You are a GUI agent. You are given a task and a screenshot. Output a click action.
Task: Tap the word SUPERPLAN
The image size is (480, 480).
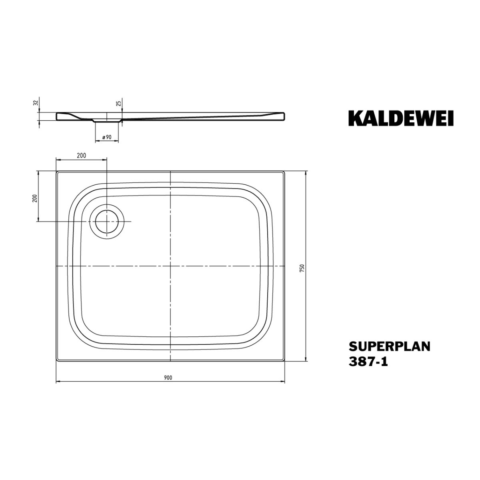tap(389, 346)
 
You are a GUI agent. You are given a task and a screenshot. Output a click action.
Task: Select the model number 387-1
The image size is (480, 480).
tap(368, 362)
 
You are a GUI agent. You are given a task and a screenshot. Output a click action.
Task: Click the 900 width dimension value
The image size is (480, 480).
tap(168, 378)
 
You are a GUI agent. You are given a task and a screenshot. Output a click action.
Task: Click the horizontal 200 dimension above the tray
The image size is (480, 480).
tap(82, 156)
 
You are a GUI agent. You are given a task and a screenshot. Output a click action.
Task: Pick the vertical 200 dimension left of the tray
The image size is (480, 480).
tap(35, 198)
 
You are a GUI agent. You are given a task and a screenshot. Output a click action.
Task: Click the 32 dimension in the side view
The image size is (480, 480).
tap(36, 102)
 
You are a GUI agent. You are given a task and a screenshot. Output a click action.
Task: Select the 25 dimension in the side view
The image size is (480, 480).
tap(119, 102)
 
